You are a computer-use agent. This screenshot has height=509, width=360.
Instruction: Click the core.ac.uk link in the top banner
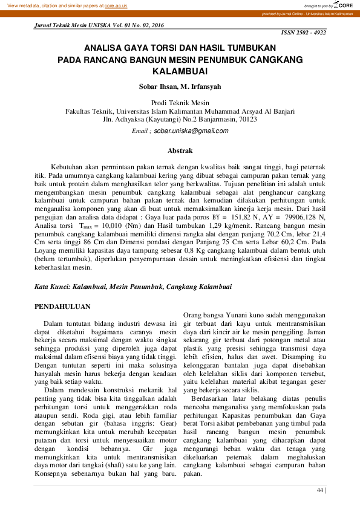tap(116, 5)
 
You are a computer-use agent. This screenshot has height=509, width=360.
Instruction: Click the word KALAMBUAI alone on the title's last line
tap(180, 71)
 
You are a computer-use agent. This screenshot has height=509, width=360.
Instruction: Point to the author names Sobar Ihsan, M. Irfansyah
tap(180, 86)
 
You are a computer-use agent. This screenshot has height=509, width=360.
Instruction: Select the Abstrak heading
tap(180, 150)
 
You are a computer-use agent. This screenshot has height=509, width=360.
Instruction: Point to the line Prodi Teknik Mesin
tap(180, 103)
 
